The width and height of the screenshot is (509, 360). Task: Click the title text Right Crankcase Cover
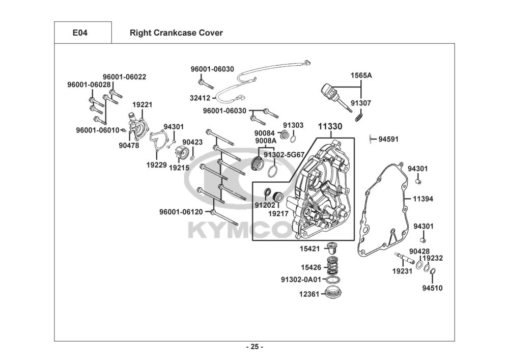click(x=176, y=33)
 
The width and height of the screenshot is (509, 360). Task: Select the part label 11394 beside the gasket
click(x=423, y=199)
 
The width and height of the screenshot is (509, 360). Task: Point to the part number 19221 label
click(x=143, y=105)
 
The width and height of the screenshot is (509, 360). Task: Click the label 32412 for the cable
click(x=201, y=97)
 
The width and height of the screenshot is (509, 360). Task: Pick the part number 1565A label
click(x=361, y=75)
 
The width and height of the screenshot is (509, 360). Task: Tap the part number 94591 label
click(x=389, y=138)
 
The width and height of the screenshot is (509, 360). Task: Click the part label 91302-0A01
click(x=301, y=280)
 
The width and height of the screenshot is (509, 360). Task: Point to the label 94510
click(x=432, y=288)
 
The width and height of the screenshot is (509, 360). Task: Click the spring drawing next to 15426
click(x=333, y=265)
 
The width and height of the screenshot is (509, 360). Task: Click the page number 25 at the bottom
click(x=254, y=347)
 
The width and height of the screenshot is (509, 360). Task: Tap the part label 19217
click(x=278, y=213)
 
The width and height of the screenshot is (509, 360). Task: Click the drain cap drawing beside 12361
click(x=333, y=293)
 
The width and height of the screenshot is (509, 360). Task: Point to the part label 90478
click(x=129, y=145)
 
